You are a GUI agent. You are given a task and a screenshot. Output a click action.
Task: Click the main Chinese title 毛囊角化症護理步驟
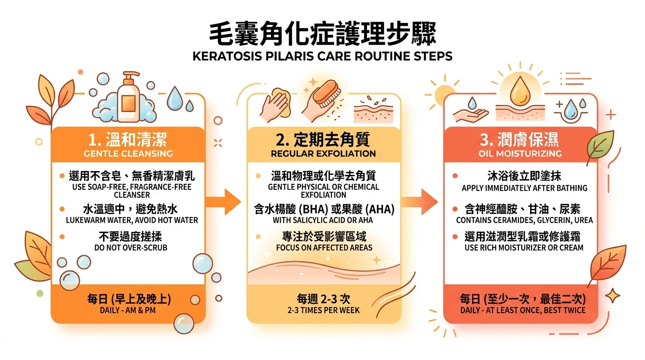[x=322, y=34]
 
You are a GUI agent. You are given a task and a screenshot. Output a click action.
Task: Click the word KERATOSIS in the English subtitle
[x=227, y=56]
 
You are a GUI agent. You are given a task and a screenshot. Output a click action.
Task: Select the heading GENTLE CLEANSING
[x=128, y=153]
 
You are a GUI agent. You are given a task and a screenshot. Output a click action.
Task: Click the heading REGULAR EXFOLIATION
[x=323, y=153]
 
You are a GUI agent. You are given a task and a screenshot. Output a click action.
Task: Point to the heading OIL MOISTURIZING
[x=520, y=153]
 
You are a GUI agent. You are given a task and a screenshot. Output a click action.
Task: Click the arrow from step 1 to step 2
[x=223, y=202]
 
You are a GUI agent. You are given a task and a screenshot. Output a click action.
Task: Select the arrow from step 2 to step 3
[x=420, y=202]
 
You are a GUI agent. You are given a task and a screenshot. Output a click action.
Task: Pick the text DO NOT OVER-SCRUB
[x=131, y=247]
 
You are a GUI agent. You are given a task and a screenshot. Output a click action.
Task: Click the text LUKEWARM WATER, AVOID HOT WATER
[x=132, y=220]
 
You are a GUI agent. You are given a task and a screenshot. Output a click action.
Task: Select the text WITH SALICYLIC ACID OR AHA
[x=323, y=220]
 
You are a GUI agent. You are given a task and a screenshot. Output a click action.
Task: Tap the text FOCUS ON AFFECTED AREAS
[x=324, y=247]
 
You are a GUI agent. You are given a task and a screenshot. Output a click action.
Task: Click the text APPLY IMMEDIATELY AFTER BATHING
[x=525, y=188]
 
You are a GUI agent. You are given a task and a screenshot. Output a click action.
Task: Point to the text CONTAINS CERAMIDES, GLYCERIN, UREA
[x=525, y=220]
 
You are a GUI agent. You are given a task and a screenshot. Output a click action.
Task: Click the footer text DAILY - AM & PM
[x=127, y=310]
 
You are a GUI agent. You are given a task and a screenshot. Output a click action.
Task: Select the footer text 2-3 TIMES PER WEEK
[x=323, y=310]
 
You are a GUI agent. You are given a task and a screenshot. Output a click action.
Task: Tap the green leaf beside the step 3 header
[x=600, y=145]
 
